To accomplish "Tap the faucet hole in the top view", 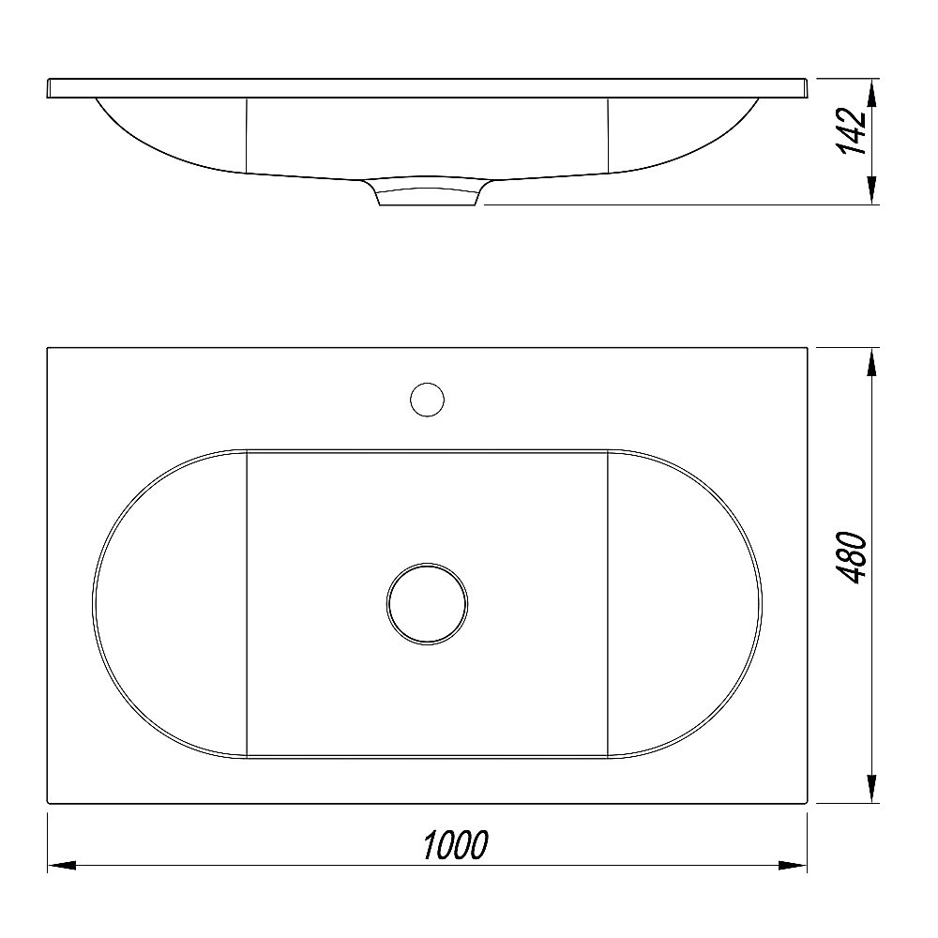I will pos(427,399).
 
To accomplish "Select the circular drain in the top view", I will pos(427,603).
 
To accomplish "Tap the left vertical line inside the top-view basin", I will pos(246,603).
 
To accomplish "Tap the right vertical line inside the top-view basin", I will pos(610,603).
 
